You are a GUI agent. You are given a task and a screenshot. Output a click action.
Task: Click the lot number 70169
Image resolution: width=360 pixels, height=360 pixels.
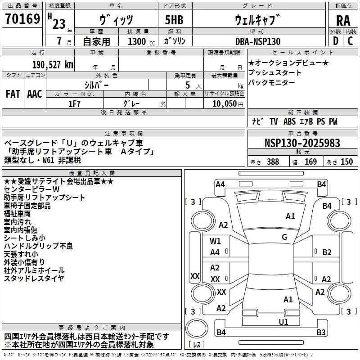(x=22, y=18)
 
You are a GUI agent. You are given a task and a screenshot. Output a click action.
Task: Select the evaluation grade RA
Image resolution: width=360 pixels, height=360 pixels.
(x=343, y=21)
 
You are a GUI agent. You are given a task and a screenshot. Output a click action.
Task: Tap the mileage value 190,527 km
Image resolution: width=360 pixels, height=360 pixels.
(x=53, y=65)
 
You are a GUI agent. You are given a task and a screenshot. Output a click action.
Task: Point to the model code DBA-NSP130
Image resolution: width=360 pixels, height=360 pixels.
(x=258, y=41)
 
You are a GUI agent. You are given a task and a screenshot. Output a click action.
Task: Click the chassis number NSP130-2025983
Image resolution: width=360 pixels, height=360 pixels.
(x=302, y=143)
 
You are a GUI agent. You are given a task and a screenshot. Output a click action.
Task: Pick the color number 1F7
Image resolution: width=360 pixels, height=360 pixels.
(x=74, y=104)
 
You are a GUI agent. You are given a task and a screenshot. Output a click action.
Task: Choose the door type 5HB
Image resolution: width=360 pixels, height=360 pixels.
(x=174, y=20)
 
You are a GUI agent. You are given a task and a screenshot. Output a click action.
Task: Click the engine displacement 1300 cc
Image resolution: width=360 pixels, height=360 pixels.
(x=141, y=41)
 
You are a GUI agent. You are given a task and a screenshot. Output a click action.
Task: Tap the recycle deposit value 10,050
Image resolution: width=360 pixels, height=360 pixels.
(x=225, y=104)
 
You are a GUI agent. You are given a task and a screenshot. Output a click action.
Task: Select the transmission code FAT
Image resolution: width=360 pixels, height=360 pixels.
(x=13, y=94)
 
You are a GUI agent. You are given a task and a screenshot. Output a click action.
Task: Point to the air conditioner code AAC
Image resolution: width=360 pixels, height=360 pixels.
(x=35, y=94)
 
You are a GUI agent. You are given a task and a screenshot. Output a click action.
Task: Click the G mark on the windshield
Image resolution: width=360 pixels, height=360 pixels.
(x=284, y=237)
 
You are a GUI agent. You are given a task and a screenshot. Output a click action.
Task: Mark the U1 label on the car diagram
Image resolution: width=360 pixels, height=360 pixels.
(x=283, y=322)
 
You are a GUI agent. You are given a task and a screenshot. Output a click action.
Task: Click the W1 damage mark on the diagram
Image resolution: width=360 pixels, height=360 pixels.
(x=215, y=241)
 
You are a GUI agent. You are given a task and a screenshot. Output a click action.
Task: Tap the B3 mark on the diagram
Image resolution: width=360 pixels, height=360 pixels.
(x=321, y=332)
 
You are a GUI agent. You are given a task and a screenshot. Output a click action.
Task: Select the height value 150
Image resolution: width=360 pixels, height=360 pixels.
(x=346, y=162)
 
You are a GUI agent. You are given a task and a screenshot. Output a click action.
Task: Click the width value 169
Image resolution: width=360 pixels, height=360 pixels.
(x=310, y=162)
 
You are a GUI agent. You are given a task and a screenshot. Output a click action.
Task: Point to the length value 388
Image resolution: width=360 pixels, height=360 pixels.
(x=273, y=162)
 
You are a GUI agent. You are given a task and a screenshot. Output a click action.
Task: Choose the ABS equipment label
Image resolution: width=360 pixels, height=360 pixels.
(x=289, y=121)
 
